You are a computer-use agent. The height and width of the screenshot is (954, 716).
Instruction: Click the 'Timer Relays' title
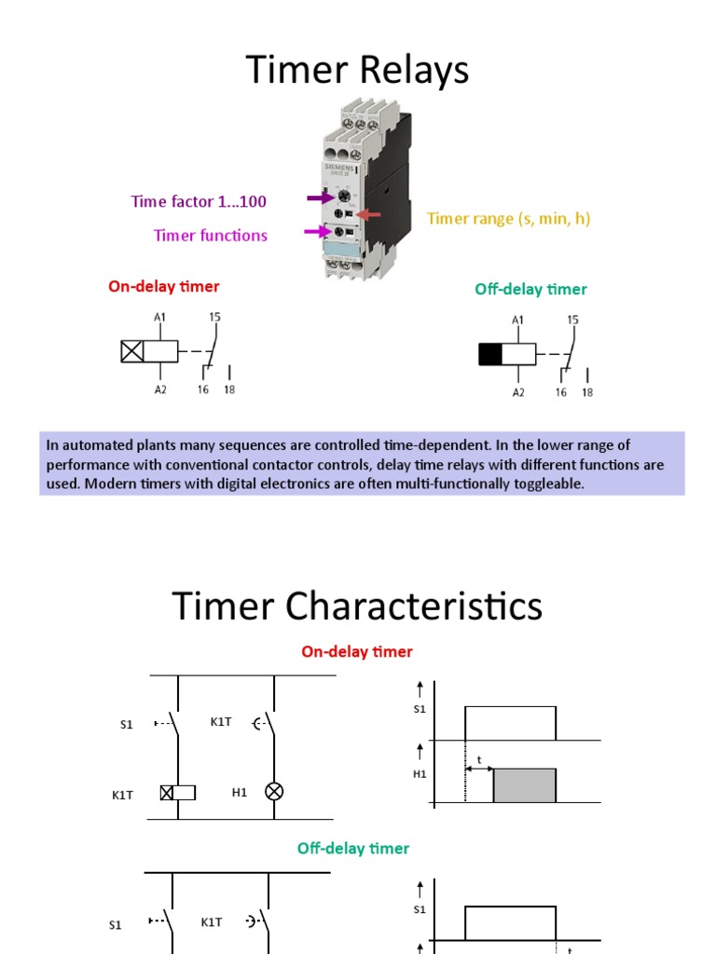click(x=357, y=71)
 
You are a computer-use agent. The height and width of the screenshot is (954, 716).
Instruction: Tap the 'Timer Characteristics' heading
click(x=357, y=606)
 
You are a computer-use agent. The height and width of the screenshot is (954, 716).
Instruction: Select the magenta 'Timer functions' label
click(x=211, y=235)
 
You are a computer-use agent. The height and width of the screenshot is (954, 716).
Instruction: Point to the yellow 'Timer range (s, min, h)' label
click(x=509, y=218)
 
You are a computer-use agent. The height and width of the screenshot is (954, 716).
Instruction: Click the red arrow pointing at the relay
click(x=368, y=215)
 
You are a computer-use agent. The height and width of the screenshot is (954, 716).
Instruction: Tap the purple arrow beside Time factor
click(x=320, y=198)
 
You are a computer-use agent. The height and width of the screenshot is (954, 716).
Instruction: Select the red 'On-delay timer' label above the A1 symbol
click(x=164, y=287)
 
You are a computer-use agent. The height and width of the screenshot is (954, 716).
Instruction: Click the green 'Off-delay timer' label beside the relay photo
click(x=530, y=290)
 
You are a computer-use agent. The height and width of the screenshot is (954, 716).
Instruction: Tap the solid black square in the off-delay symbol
click(x=490, y=354)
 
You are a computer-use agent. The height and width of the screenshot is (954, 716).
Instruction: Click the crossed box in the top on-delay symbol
click(x=132, y=351)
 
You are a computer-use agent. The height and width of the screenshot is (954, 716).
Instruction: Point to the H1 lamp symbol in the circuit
click(x=274, y=792)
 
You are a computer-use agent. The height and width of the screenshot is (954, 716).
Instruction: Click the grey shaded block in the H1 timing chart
click(x=524, y=785)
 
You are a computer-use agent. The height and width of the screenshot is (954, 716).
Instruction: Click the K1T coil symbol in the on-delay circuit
click(x=177, y=793)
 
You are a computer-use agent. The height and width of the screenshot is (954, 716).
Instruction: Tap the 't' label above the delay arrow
click(x=479, y=760)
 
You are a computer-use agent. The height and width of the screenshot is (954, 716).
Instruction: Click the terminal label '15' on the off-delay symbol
click(x=572, y=320)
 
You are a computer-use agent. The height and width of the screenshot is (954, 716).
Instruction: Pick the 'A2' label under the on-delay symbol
click(x=160, y=389)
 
